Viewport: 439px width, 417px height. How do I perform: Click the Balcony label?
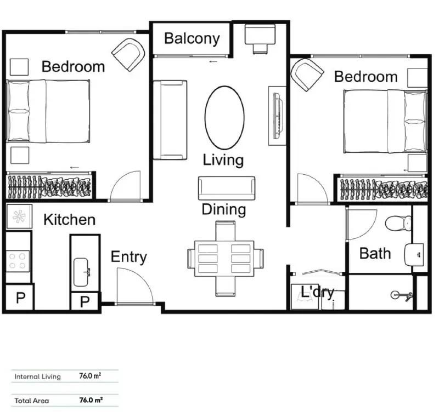(x=192, y=39)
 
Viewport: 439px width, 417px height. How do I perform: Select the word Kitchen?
(x=69, y=220)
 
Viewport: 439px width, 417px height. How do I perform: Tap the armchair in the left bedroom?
(x=129, y=54)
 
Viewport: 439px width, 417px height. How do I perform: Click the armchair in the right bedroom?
(x=307, y=75)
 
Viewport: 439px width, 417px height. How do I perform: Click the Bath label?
(x=375, y=253)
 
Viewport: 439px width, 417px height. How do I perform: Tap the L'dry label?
(x=317, y=293)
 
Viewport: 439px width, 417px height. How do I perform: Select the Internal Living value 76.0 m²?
(x=91, y=376)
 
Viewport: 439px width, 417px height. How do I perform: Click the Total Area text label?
(x=32, y=401)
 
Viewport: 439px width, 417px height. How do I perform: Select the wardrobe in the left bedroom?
(x=49, y=187)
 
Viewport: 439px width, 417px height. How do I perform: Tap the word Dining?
(x=223, y=209)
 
